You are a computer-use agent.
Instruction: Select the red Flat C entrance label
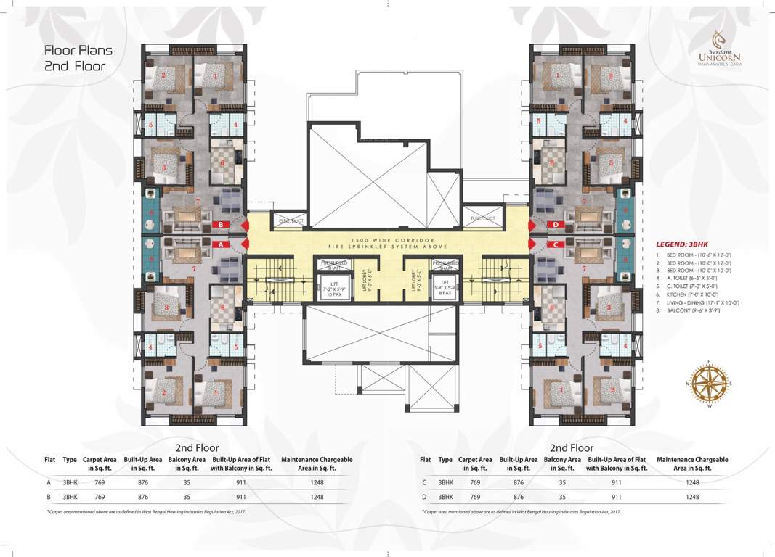[553, 245]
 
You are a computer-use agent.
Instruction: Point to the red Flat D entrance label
[553, 225]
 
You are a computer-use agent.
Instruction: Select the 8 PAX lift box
[444, 286]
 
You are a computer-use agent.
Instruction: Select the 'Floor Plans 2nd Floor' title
[78, 58]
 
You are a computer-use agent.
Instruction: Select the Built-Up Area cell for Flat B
[143, 498]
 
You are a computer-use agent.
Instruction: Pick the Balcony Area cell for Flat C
[562, 482]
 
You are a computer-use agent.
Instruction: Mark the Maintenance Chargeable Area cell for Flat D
[692, 498]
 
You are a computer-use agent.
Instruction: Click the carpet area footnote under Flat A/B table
[146, 512]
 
